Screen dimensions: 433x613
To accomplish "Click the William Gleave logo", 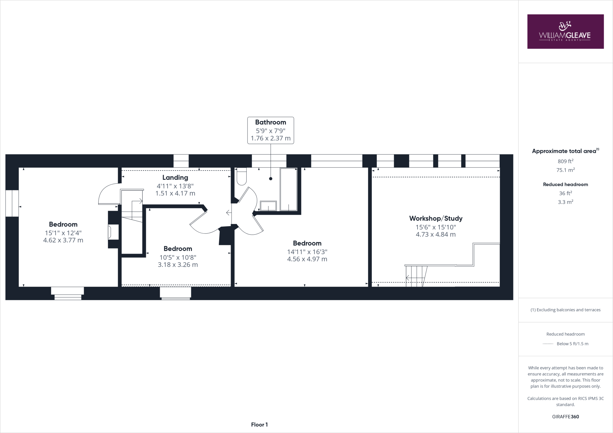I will tap(565, 31).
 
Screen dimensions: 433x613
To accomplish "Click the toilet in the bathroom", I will tap(241, 177).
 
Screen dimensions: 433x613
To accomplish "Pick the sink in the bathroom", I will tap(268, 206).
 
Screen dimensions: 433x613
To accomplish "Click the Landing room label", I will tap(175, 178).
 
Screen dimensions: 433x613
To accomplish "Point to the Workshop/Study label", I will tap(436, 218).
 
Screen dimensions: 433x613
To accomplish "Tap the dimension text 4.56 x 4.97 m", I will tap(307, 259).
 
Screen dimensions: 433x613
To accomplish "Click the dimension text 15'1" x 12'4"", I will tap(63, 233).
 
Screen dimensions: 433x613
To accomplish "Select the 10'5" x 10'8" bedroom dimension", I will tap(178, 257).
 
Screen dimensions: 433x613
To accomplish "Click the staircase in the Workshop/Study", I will tap(416, 276).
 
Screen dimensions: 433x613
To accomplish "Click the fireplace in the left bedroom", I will tap(113, 232).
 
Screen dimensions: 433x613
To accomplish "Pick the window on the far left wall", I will tap(12, 203).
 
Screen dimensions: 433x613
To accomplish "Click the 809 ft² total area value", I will tap(565, 161).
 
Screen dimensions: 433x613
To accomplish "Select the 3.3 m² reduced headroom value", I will tap(565, 202).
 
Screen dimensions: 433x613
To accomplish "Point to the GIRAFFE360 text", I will tap(565, 417).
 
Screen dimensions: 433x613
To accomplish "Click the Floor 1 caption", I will tap(259, 425).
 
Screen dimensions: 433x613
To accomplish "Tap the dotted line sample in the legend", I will tap(548, 344).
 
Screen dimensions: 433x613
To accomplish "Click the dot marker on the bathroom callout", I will tap(271, 179).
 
